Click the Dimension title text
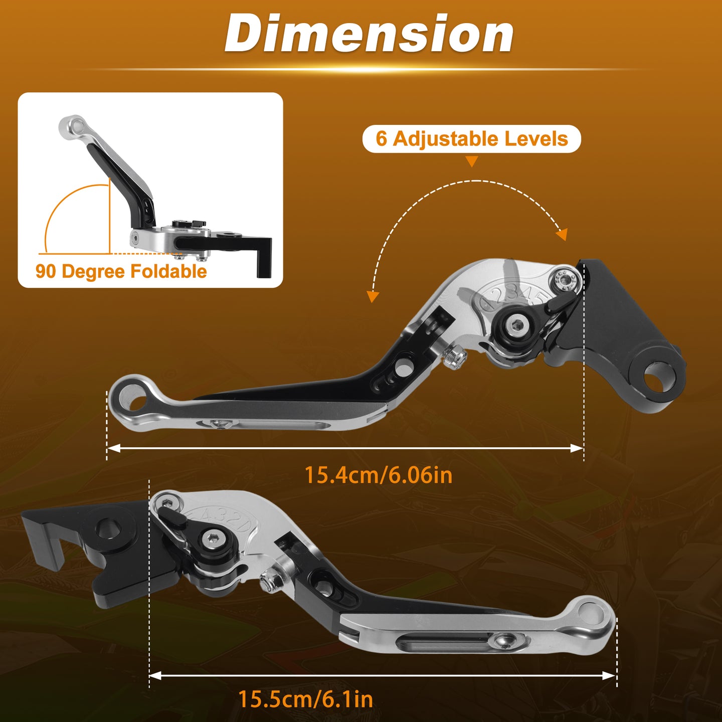point(369,34)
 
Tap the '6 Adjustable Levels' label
point(472,138)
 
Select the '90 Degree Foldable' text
point(121,271)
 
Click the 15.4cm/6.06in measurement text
point(379,475)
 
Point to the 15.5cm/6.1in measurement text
point(306,699)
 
